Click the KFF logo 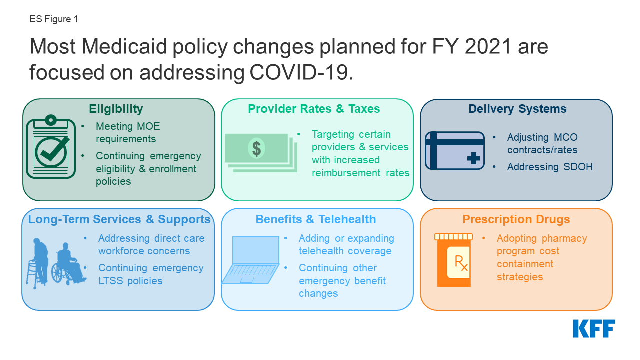tap(594, 329)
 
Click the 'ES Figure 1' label tap(54, 19)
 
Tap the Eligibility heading tap(116, 109)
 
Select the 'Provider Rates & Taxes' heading tap(314, 109)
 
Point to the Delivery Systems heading tap(517, 109)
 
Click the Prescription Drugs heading tap(516, 219)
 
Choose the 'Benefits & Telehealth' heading tap(315, 219)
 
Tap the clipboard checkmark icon tap(51, 147)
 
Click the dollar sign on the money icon tap(256, 149)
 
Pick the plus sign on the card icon tap(473, 158)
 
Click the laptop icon tap(251, 260)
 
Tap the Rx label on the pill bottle tap(461, 263)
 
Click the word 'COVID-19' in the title tap(301, 72)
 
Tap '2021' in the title tap(487, 46)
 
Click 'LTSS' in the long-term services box tap(110, 281)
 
